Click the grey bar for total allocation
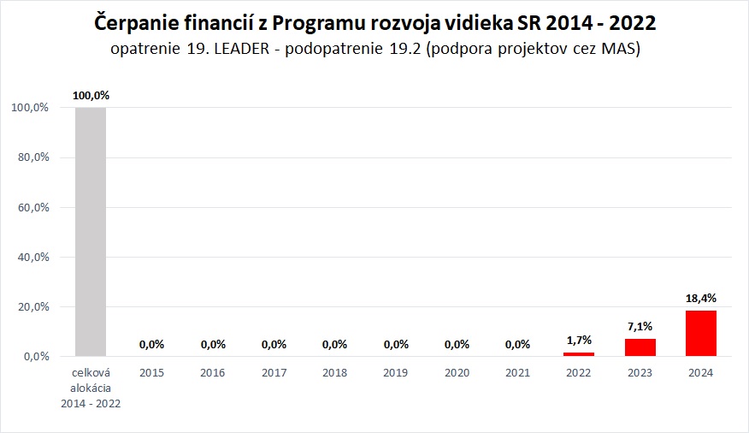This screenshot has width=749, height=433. [x=91, y=231]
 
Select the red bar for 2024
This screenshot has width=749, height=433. [x=700, y=333]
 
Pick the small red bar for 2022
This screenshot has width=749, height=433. [x=579, y=353]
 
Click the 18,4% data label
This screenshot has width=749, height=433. [x=700, y=298]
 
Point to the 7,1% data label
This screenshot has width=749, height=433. [x=640, y=326]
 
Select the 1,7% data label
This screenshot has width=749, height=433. [x=579, y=340]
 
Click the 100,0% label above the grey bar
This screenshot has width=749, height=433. [x=91, y=95]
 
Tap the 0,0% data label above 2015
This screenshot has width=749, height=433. [x=151, y=344]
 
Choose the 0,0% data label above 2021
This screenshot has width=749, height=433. [x=517, y=344]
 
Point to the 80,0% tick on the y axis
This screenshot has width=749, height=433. [x=30, y=157]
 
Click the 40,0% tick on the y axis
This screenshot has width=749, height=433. [x=30, y=257]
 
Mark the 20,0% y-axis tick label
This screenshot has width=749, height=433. [x=30, y=306]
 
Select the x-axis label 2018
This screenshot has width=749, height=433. [x=334, y=373]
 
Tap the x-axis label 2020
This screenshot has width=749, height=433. [x=457, y=373]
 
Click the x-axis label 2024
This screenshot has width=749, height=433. [x=700, y=373]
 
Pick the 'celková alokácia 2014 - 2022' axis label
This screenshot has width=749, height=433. [x=91, y=388]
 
